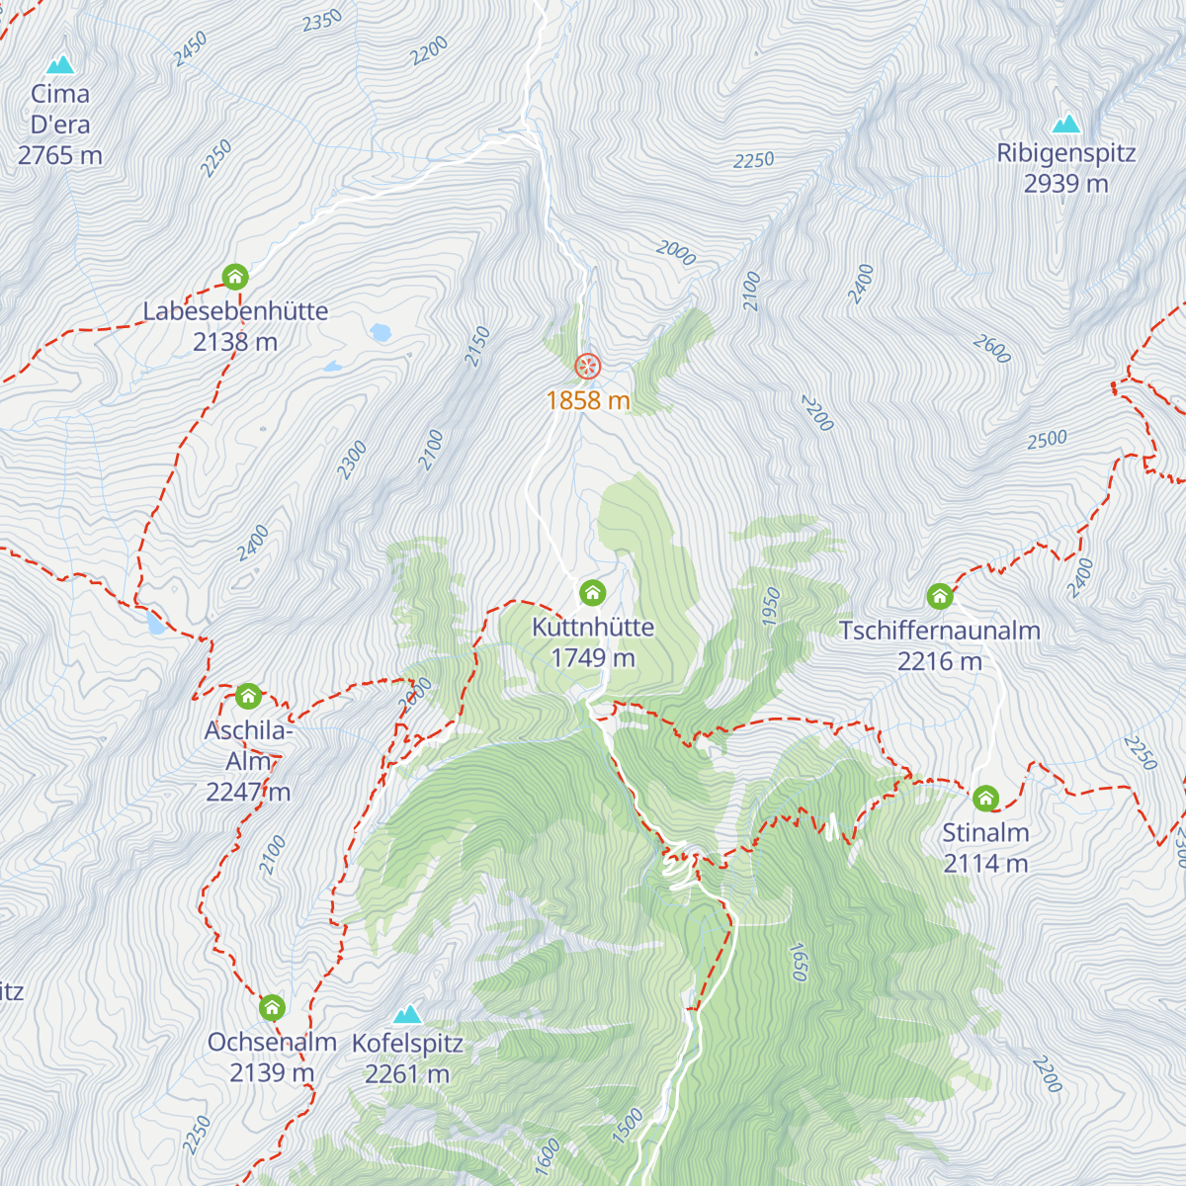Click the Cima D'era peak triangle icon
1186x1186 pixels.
(x=61, y=65)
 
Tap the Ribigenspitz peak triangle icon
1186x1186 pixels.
(x=1065, y=125)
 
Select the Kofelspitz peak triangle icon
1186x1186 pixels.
(x=407, y=1015)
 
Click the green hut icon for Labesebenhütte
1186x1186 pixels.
(x=234, y=276)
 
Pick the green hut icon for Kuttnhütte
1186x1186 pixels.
(x=592, y=592)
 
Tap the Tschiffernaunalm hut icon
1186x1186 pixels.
(x=939, y=596)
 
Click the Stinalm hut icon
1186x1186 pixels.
(x=985, y=798)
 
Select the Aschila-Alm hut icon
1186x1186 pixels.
(x=247, y=696)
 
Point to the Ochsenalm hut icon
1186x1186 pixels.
(x=272, y=1008)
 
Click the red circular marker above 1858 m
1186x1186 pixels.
(x=588, y=367)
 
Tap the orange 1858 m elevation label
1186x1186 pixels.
(x=588, y=400)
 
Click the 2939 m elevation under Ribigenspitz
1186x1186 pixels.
(x=1065, y=184)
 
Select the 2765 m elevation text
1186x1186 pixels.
(x=60, y=155)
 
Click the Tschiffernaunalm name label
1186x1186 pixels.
(x=939, y=631)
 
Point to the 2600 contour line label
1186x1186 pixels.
(x=991, y=348)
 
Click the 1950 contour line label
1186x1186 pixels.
(x=772, y=606)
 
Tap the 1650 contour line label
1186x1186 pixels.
(x=798, y=962)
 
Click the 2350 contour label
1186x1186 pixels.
(x=322, y=20)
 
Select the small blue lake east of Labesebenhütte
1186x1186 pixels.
(x=381, y=332)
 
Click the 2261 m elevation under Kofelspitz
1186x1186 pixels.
(x=407, y=1074)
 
